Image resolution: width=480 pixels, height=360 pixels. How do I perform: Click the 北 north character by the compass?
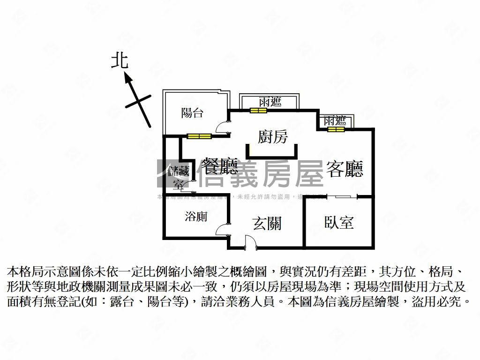click(x=120, y=61)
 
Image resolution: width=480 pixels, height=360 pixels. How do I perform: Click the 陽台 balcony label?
click(x=192, y=112)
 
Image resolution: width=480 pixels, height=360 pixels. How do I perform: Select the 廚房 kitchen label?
click(x=272, y=136)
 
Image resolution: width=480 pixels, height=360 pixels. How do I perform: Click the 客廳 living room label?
click(x=345, y=169)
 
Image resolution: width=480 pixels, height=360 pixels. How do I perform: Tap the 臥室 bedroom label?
click(x=339, y=222)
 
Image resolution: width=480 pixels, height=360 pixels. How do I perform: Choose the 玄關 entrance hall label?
click(x=267, y=224)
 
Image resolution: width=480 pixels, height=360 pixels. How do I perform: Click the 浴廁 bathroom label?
click(x=196, y=217)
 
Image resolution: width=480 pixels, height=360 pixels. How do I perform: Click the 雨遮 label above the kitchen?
click(x=270, y=101)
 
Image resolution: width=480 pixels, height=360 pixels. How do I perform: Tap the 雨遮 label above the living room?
click(x=335, y=120)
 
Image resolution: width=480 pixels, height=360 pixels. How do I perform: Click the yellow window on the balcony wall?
click(x=199, y=136)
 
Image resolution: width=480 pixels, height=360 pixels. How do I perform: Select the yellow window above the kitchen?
click(x=258, y=111)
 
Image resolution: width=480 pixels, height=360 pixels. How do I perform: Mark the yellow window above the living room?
click(x=336, y=129)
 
